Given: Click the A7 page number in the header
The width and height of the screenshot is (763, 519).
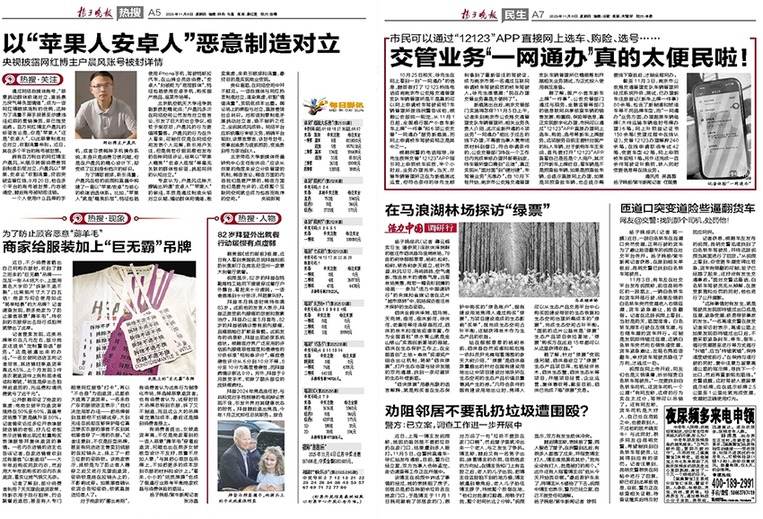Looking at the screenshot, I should (538, 12).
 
